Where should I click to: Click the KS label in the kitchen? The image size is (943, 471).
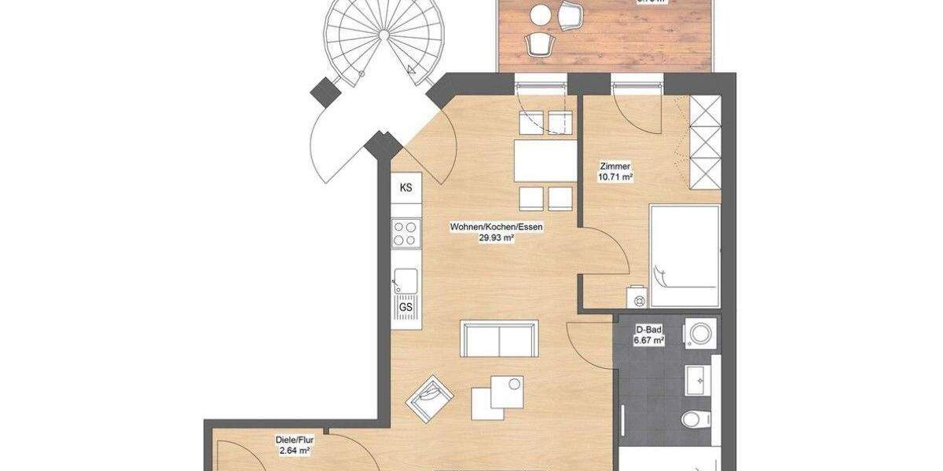click(x=405, y=188)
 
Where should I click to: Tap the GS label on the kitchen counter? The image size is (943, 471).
click(x=405, y=307)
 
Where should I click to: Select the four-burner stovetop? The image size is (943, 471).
click(x=405, y=233)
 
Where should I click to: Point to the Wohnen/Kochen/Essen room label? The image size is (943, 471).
click(x=497, y=228)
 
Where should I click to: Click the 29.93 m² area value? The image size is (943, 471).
click(x=497, y=239)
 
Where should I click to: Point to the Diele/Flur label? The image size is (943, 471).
click(x=292, y=440)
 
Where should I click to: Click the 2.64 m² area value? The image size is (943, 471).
click(x=292, y=451)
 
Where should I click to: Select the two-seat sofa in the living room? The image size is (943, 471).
click(x=500, y=338)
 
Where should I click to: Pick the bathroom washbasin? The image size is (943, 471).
click(x=697, y=379)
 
